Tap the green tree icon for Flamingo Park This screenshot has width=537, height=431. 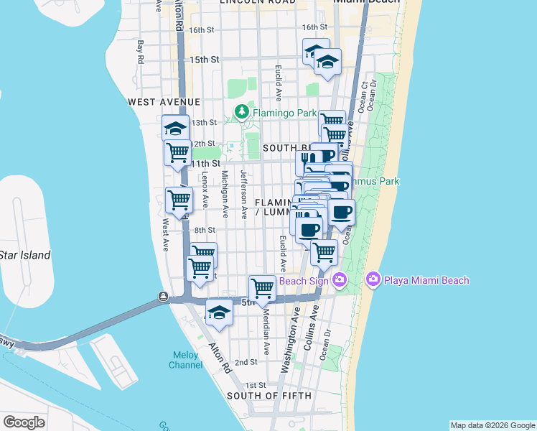[242, 113]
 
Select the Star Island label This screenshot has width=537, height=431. [25, 255]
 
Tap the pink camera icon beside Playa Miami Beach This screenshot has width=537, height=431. [373, 279]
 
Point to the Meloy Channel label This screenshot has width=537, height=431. [185, 360]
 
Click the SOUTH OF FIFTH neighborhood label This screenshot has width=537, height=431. [268, 396]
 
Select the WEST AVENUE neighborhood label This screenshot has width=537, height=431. [164, 103]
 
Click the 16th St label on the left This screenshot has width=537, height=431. [201, 29]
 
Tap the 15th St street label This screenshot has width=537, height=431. [204, 60]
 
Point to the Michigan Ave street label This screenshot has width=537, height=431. [225, 193]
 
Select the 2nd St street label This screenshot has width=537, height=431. [246, 363]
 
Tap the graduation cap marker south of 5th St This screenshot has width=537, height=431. [219, 313]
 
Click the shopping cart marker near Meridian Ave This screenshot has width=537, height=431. [263, 288]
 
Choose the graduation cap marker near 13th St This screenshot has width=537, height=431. [175, 128]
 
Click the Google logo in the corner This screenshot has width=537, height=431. [24, 422]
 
